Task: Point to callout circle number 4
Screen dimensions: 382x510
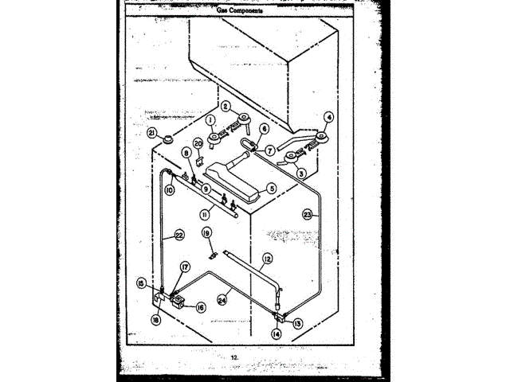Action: (329, 115)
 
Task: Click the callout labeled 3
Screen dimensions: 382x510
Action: (301, 172)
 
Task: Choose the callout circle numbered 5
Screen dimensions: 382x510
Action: (272, 189)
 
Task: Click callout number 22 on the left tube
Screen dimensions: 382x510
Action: (179, 235)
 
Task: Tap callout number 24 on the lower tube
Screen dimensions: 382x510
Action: (223, 299)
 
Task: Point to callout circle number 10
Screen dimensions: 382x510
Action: (170, 190)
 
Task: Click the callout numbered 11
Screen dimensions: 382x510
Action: (205, 215)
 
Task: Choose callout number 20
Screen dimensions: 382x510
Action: (198, 143)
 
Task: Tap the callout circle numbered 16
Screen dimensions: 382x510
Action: (199, 306)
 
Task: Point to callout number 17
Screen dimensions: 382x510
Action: (185, 267)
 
